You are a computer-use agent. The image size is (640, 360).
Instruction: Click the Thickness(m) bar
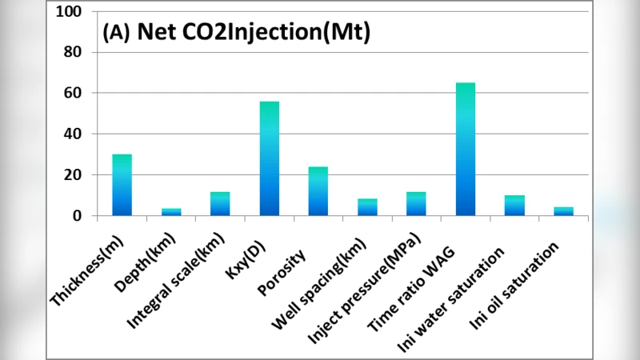point(122,185)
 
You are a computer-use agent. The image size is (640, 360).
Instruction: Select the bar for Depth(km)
point(171,212)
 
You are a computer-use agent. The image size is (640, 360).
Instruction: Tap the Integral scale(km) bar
point(220,204)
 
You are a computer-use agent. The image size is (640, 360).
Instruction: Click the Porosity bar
point(318,191)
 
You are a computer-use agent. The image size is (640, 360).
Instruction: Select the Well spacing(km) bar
point(367,207)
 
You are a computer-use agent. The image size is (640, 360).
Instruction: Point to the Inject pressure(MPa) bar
point(416,204)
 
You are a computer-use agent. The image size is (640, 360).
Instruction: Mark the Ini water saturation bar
point(514,206)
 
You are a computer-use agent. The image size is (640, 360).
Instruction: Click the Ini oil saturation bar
point(563,211)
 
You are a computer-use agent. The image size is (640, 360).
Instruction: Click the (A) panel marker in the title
point(116,33)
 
